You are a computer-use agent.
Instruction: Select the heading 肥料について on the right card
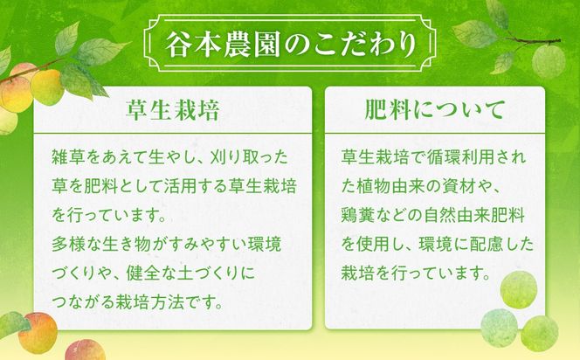pos(434,111)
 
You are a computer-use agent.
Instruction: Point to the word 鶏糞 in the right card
pos(356,212)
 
